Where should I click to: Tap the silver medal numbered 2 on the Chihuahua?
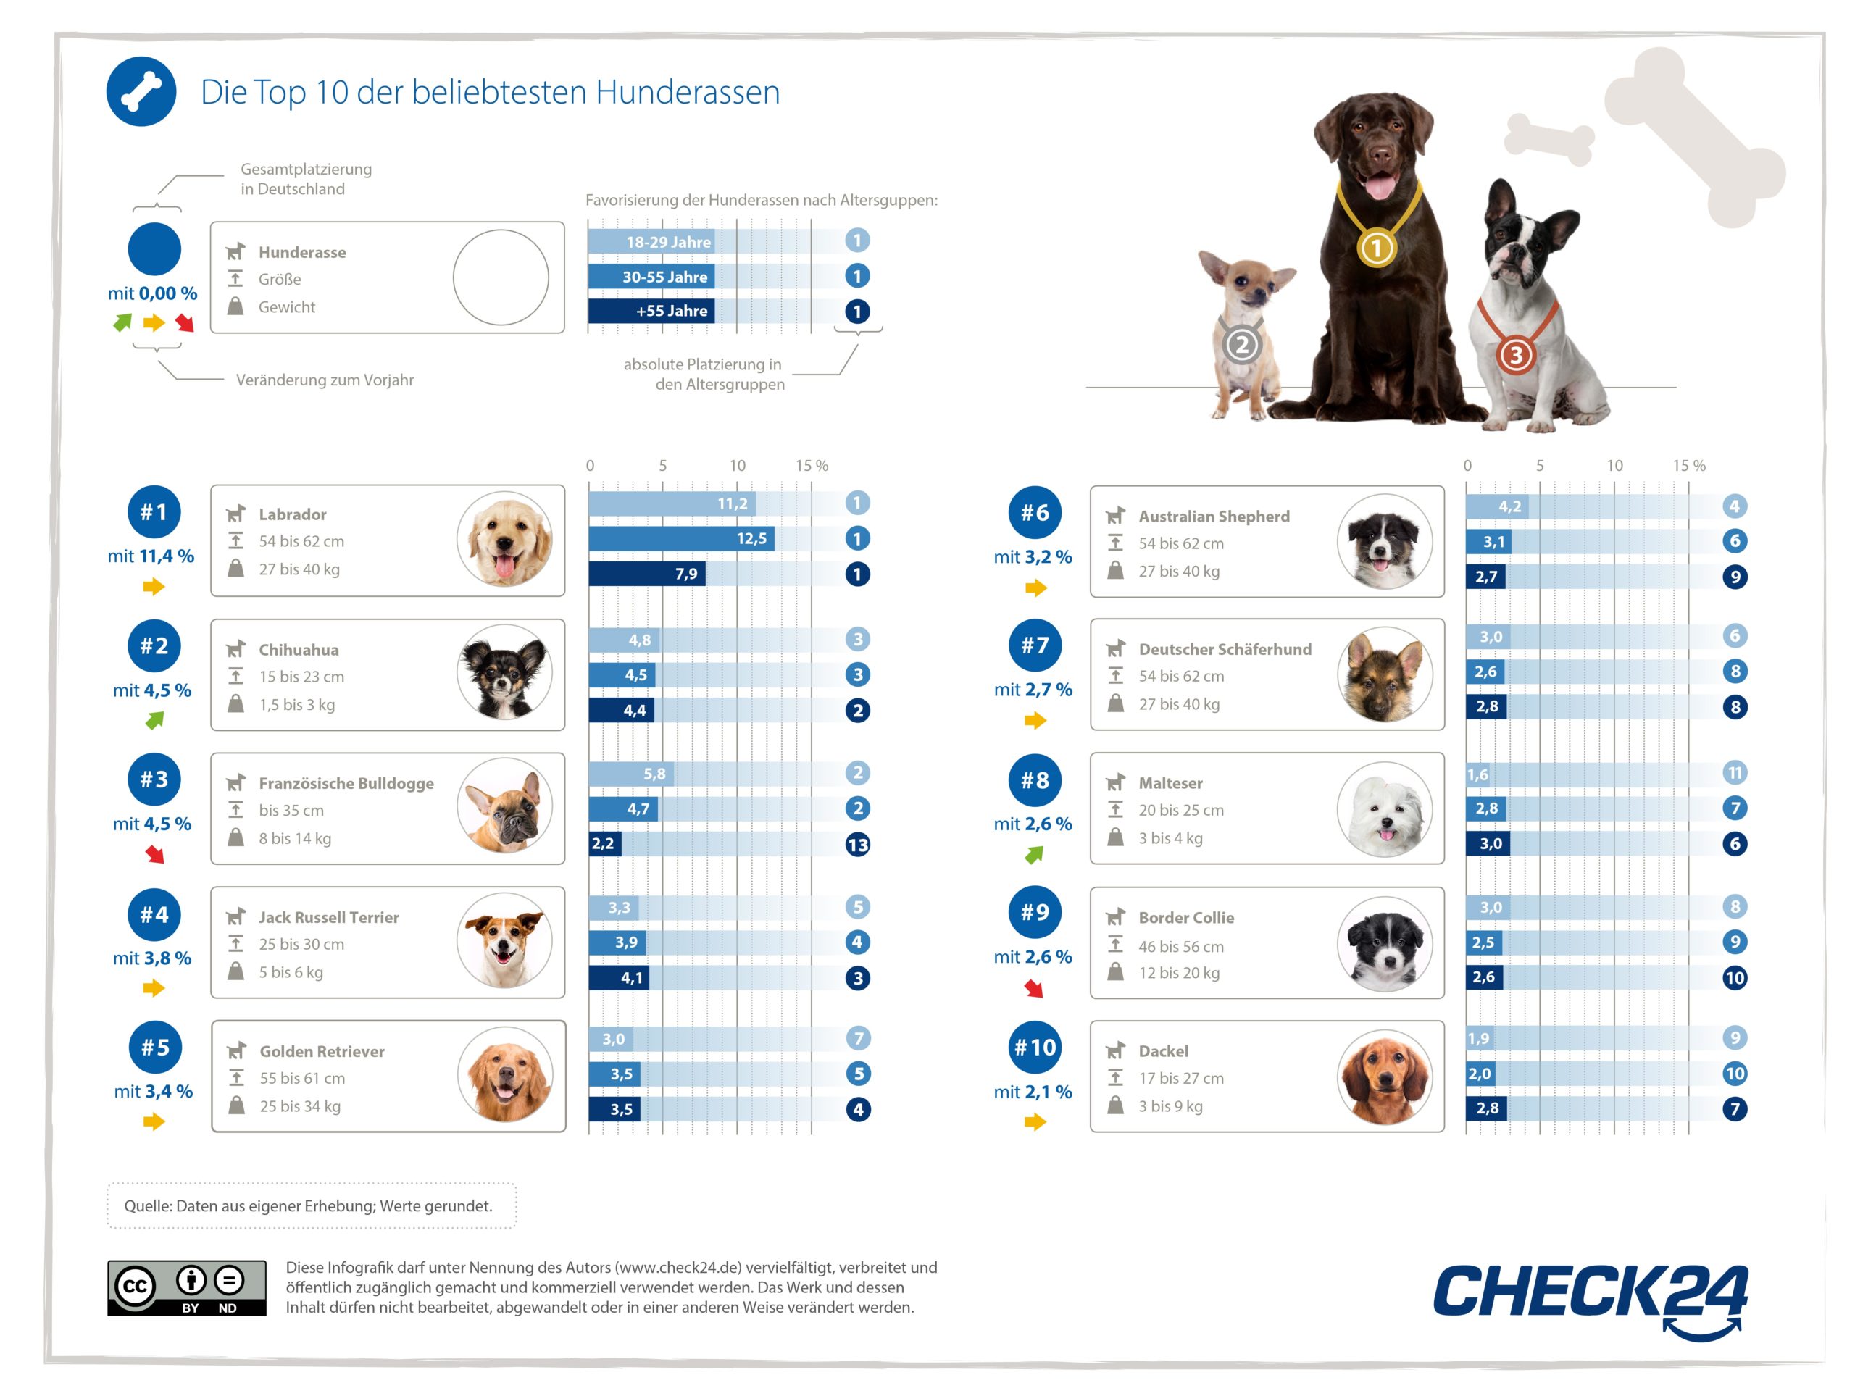1242,344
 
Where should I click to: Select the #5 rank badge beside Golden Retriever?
155,1048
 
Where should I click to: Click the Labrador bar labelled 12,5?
681,538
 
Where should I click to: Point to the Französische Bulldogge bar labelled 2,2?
604,843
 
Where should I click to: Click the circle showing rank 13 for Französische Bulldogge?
857,844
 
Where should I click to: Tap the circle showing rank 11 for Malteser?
1734,773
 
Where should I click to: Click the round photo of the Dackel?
1385,1077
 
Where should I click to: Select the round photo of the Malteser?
1385,809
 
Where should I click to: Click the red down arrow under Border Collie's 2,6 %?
1034,990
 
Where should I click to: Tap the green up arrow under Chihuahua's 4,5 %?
155,720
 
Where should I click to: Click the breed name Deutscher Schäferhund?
1225,649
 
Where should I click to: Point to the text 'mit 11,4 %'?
151,556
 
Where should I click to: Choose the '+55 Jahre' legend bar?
651,311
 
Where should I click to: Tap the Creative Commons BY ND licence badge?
186,1288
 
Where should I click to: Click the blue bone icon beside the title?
141,91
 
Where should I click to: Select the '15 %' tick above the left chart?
811,465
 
